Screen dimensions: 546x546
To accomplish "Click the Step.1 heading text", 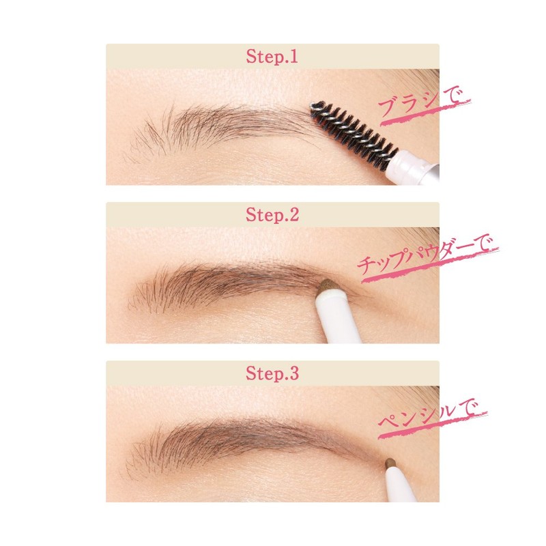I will [x=272, y=57].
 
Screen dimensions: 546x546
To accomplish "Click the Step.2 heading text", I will [x=272, y=216].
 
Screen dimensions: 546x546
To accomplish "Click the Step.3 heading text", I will [x=272, y=373].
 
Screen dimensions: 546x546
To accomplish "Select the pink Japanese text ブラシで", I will [x=424, y=105].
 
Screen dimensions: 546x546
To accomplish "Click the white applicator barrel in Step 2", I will [x=339, y=321].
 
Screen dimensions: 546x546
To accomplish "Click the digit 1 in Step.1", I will [x=294, y=57].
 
